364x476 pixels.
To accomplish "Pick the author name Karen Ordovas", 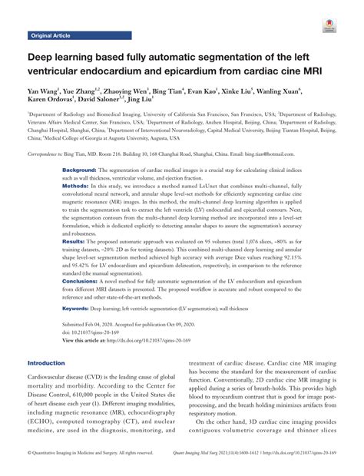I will [x=51, y=100].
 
